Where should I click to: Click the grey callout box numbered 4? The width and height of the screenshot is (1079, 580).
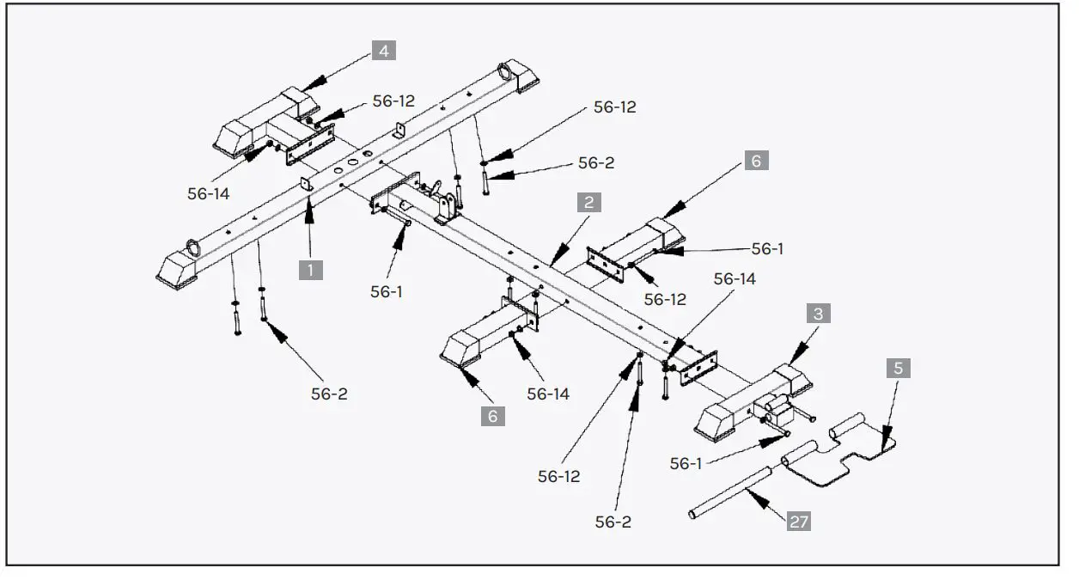pos(383,51)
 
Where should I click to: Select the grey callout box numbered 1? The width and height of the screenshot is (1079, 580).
pos(311,269)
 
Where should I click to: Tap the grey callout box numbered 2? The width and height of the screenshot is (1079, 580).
pos(588,203)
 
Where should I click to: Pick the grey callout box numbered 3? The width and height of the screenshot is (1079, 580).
pos(817,314)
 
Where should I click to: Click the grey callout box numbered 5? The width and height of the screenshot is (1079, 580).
pos(898,369)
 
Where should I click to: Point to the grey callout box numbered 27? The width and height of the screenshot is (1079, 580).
pos(799,521)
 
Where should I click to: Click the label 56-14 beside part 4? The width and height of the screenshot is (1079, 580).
pos(209,194)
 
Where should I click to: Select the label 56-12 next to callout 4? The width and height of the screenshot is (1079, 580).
pos(393,101)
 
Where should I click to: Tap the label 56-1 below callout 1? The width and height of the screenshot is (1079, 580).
pos(387,291)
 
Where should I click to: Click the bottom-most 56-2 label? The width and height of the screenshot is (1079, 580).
pos(614,522)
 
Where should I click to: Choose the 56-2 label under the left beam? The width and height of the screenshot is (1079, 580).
pos(329,394)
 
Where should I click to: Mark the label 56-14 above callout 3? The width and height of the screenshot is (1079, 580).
pos(735,279)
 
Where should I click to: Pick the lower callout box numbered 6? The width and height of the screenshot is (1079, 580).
pos(493,417)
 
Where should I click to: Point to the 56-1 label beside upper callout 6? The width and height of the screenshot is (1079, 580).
pos(768,248)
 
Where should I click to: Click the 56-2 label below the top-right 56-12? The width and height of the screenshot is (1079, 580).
pos(595,162)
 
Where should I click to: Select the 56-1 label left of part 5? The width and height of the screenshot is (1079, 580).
pos(686,464)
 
